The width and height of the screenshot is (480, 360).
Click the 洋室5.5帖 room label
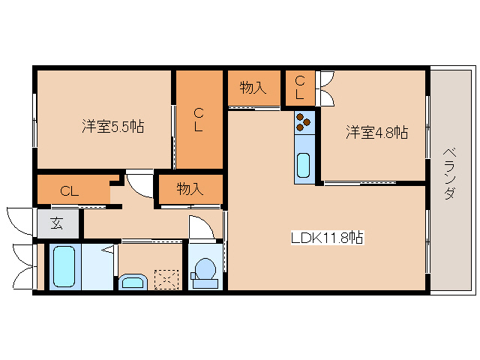[113, 127]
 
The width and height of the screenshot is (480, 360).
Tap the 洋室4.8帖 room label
[376, 133]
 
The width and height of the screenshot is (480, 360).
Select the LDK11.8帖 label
[328, 238]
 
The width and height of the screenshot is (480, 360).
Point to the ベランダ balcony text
[448, 172]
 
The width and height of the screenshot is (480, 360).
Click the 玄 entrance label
[57, 223]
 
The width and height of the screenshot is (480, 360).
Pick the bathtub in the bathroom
[64, 266]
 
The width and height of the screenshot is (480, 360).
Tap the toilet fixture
[204, 270]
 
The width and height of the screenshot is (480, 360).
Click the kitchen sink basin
[304, 164]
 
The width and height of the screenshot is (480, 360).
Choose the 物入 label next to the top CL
[253, 88]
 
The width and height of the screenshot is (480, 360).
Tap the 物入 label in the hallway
[190, 188]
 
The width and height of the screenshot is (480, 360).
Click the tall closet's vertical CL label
[199, 120]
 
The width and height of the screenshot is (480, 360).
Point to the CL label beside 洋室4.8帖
[299, 88]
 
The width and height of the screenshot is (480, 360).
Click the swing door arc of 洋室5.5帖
[139, 183]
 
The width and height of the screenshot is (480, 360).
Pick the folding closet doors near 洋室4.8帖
[325, 87]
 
